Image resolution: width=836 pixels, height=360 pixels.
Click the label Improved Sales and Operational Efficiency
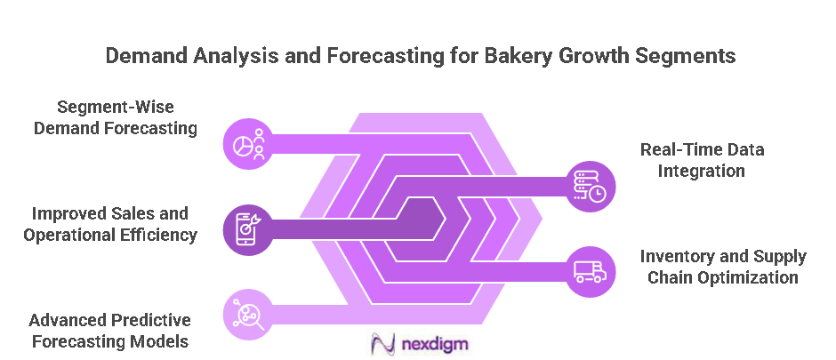coord(114,224)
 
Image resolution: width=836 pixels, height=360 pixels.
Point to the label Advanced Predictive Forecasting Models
coord(109,330)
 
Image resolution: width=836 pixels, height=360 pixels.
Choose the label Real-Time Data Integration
coord(702,160)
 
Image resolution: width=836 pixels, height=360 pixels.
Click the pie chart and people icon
coord(247,144)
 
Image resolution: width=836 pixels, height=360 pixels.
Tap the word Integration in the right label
coord(702,171)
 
